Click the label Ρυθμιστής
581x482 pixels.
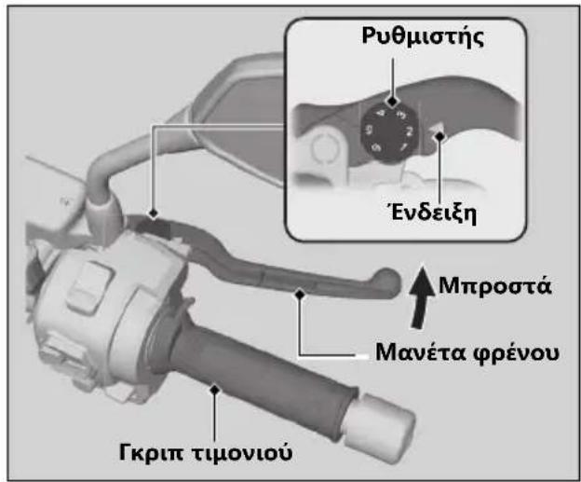point(423,37)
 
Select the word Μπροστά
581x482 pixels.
point(495,286)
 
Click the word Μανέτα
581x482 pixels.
point(421,351)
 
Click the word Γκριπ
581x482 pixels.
point(153,452)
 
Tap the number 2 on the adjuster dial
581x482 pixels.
point(409,131)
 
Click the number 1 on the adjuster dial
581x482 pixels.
point(403,146)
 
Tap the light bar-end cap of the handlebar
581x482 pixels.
point(379,420)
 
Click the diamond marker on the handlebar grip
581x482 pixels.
point(214,390)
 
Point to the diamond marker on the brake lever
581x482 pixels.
point(300,295)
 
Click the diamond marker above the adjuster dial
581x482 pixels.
point(392,101)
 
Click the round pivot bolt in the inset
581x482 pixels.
point(323,147)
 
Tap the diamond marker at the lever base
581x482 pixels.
point(153,213)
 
